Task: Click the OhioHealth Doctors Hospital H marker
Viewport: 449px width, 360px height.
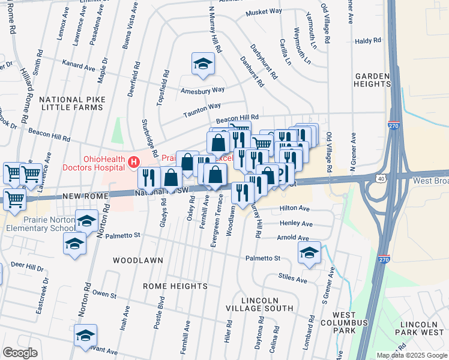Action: point(133,161)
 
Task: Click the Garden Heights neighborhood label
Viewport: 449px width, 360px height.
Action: point(373,80)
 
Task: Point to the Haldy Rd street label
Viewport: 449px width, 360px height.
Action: point(368,41)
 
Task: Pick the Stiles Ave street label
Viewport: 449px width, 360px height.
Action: point(293,278)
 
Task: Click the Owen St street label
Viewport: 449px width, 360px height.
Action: point(104,294)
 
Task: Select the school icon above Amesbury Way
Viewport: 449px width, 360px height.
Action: point(203,64)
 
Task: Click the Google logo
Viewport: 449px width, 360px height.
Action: point(20,353)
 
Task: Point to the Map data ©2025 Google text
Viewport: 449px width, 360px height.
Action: point(411,355)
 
